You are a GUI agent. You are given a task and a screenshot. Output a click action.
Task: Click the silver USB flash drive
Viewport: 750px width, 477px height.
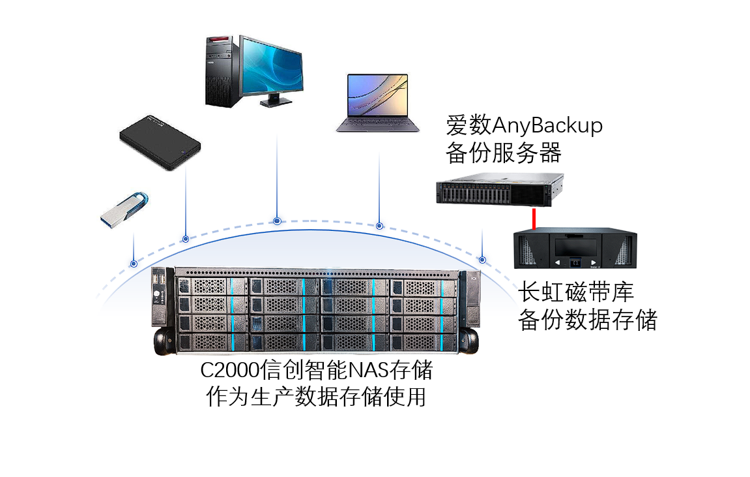click(124, 211)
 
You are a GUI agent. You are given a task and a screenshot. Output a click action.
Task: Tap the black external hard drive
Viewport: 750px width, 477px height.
click(160, 142)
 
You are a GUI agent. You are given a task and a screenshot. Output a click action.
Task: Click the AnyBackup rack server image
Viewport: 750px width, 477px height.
click(499, 189)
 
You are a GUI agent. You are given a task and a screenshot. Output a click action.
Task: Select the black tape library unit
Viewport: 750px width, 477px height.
click(575, 248)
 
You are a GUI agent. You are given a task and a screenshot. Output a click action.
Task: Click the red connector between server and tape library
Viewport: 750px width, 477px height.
click(534, 219)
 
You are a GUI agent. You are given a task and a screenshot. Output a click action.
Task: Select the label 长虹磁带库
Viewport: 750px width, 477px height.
click(576, 292)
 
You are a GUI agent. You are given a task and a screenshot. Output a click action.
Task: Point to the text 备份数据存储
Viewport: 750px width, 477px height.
click(587, 320)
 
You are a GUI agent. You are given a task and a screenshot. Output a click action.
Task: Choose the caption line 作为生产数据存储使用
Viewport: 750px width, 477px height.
click(315, 397)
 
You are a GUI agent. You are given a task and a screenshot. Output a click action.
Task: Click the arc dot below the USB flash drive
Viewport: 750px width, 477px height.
click(134, 264)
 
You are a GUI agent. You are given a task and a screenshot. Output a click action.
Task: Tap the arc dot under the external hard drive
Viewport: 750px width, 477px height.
click(186, 239)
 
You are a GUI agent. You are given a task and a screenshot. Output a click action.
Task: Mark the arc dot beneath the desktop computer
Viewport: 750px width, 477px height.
click(277, 221)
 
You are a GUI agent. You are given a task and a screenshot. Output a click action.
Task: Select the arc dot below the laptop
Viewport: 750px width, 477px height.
click(379, 226)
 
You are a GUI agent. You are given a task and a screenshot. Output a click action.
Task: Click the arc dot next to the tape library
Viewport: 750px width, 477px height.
click(482, 260)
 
